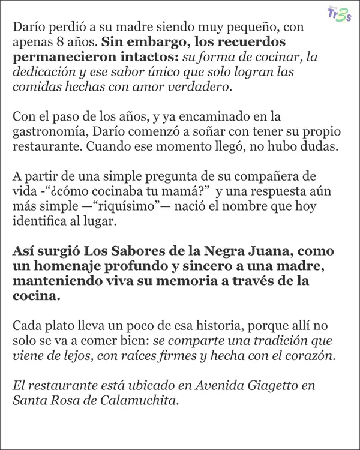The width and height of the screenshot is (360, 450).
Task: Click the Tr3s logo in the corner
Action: (x=339, y=13)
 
